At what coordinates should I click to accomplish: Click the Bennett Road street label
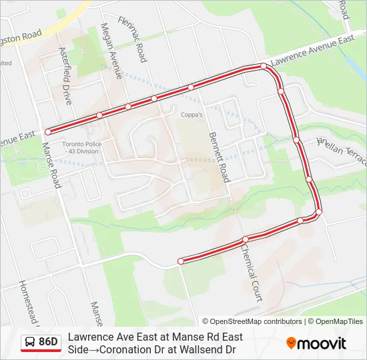click(x=219, y=157)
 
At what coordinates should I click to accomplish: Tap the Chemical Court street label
click(x=252, y=271)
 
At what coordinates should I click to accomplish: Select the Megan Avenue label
click(x=109, y=51)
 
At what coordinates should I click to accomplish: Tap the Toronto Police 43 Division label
click(x=80, y=148)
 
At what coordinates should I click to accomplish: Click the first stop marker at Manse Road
click(x=48, y=132)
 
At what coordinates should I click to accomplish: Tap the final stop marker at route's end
click(x=181, y=261)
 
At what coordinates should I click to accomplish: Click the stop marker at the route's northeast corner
click(x=264, y=66)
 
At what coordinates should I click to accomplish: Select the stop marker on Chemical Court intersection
click(x=246, y=239)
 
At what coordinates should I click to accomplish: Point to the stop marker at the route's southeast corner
click(x=318, y=212)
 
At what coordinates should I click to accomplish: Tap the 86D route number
click(x=49, y=342)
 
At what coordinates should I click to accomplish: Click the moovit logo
click(x=316, y=343)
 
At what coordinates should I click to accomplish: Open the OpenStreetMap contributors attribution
click(x=252, y=321)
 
